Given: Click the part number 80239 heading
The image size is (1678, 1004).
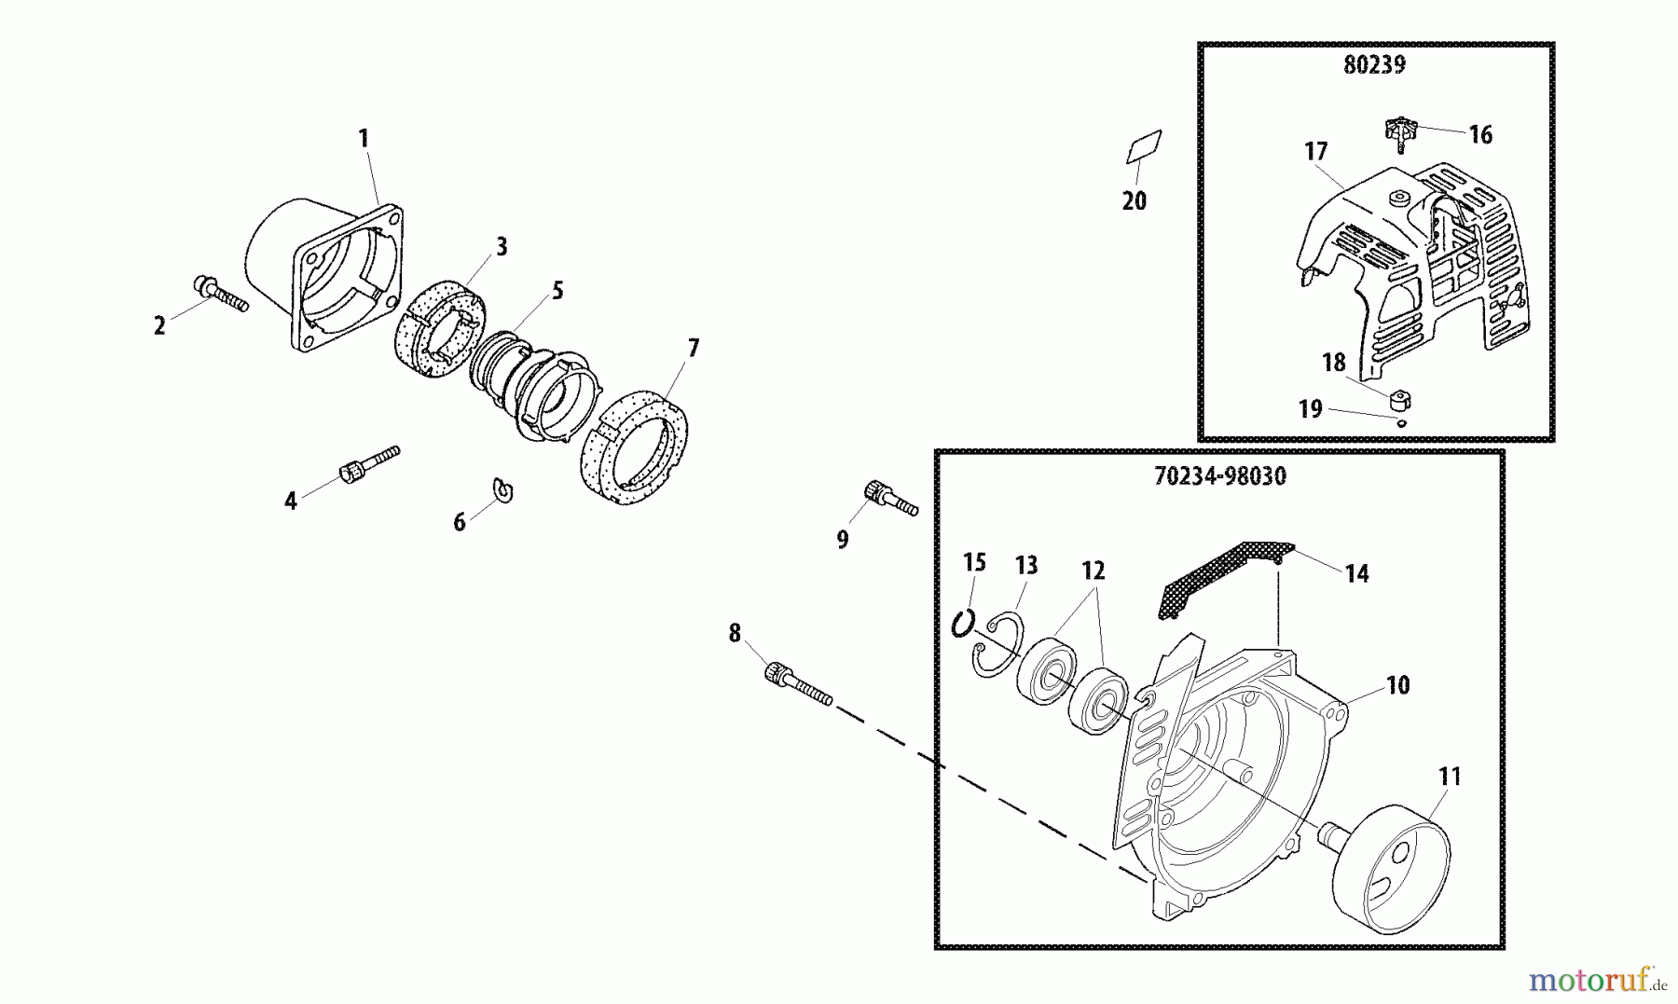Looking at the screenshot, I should pyautogui.click(x=1374, y=65).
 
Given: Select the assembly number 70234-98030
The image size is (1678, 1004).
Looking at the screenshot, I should pyautogui.click(x=1219, y=476).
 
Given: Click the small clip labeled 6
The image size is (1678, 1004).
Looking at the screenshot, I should pyautogui.click(x=503, y=490).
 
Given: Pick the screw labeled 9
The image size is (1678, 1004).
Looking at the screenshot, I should pyautogui.click(x=890, y=498).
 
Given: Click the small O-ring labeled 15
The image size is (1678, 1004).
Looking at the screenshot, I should pyautogui.click(x=963, y=623).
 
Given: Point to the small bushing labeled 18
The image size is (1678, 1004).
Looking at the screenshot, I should pyautogui.click(x=1398, y=401).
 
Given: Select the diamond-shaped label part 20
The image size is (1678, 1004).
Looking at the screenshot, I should pyautogui.click(x=1144, y=147).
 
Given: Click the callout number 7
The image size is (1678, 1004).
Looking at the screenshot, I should pyautogui.click(x=693, y=349).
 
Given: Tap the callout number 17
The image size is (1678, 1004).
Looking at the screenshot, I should pyautogui.click(x=1315, y=151).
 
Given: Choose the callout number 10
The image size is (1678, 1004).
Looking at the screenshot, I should pyautogui.click(x=1397, y=686).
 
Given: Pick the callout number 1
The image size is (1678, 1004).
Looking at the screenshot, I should pyautogui.click(x=364, y=139).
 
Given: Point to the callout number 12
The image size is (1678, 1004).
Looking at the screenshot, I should pyautogui.click(x=1093, y=571).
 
